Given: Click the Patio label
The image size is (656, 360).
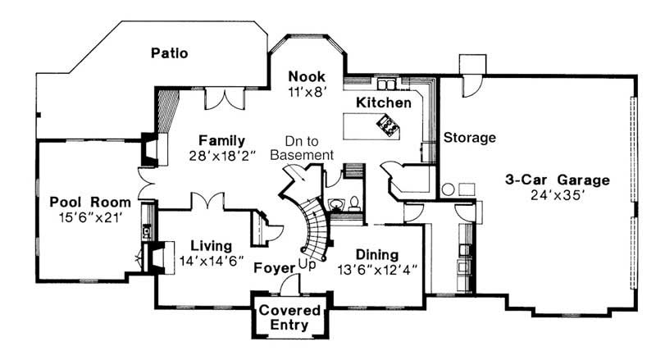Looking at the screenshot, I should pyautogui.click(x=170, y=54).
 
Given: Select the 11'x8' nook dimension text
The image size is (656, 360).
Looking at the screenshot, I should pyautogui.click(x=307, y=92).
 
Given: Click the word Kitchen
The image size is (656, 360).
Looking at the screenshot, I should pyautogui.click(x=383, y=103).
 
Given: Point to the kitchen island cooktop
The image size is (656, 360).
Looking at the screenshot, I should pyautogui.click(x=385, y=125).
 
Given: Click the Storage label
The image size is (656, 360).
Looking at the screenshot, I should pyautogui.click(x=470, y=138).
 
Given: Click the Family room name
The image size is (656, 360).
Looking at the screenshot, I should pyautogui.click(x=221, y=140).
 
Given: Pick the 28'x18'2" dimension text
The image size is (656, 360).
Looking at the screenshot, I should pyautogui.click(x=222, y=156).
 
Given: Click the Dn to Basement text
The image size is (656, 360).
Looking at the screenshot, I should pyautogui.click(x=302, y=148).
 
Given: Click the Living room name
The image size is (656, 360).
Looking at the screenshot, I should pyautogui.click(x=211, y=245).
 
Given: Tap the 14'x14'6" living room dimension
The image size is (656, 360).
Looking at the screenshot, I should pyautogui.click(x=211, y=262).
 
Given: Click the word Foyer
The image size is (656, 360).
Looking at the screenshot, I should pyautogui.click(x=275, y=267).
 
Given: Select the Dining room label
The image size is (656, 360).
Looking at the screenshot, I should pyautogui.click(x=377, y=254).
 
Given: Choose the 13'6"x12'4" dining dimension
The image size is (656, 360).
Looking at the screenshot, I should pyautogui.click(x=377, y=270).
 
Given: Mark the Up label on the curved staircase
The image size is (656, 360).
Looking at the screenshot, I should pyautogui.click(x=307, y=264).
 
